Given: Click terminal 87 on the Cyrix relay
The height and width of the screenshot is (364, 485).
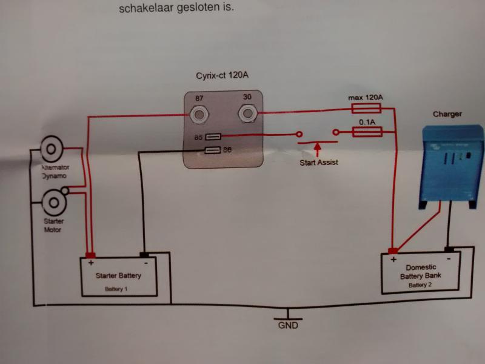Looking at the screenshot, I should pyautogui.click(x=199, y=113).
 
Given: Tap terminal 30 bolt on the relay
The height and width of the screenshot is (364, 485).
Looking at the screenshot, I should pyautogui.click(x=247, y=112).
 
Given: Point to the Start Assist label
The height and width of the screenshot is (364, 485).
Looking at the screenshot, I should pyautogui.click(x=318, y=162).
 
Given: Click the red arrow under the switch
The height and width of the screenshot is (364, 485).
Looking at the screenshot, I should pyautogui.click(x=317, y=149).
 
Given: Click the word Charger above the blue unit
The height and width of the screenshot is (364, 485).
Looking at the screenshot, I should pyautogui.click(x=447, y=114).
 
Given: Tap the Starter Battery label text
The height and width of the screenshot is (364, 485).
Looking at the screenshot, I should pyautogui.click(x=118, y=275).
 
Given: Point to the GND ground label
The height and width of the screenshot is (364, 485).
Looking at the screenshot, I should pyautogui.click(x=289, y=325).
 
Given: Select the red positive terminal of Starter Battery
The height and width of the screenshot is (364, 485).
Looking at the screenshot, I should pyautogui.click(x=91, y=254).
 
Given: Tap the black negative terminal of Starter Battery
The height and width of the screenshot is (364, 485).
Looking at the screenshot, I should pyautogui.click(x=145, y=254).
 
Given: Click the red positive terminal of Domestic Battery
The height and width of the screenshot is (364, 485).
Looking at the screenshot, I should pyautogui.click(x=393, y=251).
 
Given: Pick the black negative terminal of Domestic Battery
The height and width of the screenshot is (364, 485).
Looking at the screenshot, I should pyautogui.click(x=449, y=249).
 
